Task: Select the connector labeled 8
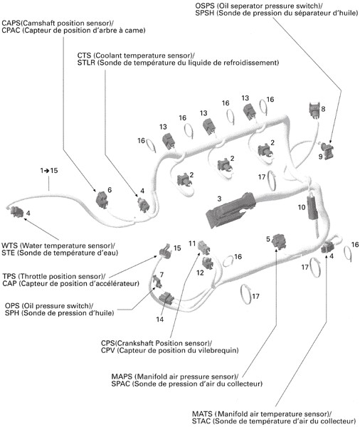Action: click(x=314, y=110)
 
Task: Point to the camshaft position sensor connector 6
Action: click(x=102, y=200)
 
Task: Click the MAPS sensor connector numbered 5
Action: click(x=279, y=241)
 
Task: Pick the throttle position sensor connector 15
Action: click(x=166, y=250)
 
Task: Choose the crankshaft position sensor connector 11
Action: click(x=204, y=246)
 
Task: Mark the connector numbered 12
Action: click(x=208, y=263)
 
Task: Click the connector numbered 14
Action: click(x=166, y=298)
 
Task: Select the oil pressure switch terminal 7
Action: click(x=158, y=281)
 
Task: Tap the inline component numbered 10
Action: click(x=312, y=208)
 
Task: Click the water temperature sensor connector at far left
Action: click(x=16, y=212)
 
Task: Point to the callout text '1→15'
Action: click(x=49, y=171)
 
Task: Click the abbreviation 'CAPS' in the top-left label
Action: click(x=11, y=23)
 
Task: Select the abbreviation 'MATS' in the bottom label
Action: click(x=202, y=414)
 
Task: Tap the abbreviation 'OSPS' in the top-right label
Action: click(x=205, y=6)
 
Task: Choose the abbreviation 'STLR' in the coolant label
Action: click(x=86, y=63)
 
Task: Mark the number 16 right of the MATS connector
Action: click(x=355, y=245)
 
